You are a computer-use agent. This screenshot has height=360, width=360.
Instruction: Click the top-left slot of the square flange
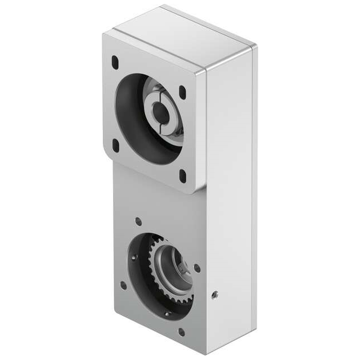pyautogui.click(x=115, y=60)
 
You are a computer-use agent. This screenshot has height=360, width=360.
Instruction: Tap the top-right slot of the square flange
pyautogui.click(x=182, y=92)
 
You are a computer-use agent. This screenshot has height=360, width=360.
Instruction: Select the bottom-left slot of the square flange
pyautogui.click(x=116, y=145)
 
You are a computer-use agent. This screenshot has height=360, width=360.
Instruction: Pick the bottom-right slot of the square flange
pyautogui.click(x=183, y=176)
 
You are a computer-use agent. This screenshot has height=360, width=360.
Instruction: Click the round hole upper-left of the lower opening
pyautogui.click(x=138, y=221)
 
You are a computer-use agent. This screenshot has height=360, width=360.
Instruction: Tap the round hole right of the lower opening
pyautogui.click(x=197, y=268)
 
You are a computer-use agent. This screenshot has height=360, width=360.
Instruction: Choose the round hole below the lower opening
pyautogui.click(x=181, y=332)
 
